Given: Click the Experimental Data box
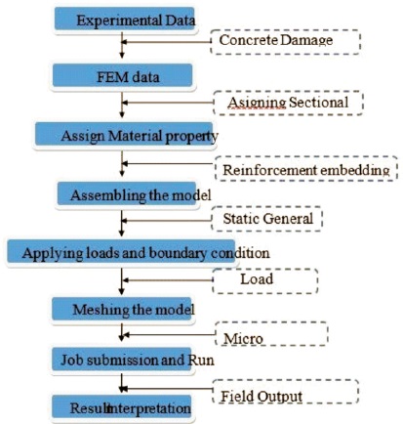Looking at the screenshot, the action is coord(125,19).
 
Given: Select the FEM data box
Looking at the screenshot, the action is coord(122,75).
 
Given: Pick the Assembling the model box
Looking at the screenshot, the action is coord(127,193).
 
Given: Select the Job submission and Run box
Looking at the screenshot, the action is coord(122,359).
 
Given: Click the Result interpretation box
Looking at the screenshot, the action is coord(122,407).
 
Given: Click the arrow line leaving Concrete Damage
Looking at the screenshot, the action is coord(166,42).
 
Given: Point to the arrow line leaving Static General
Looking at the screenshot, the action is coord(167,221).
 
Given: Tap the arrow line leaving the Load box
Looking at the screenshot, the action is coord(167,280).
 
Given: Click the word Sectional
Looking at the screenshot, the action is coord(318,103).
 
